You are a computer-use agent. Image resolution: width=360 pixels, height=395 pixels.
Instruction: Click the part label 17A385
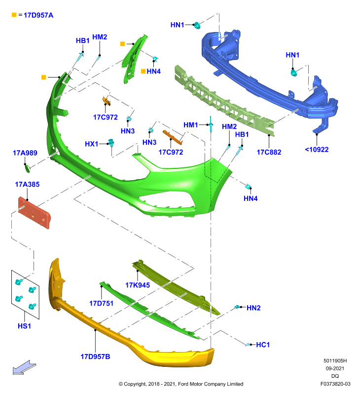[27, 184]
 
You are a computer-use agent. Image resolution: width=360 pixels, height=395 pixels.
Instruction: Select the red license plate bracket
[34, 213]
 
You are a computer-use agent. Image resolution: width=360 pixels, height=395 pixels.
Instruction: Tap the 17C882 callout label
[269, 152]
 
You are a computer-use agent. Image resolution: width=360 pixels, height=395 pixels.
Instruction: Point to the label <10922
[317, 150]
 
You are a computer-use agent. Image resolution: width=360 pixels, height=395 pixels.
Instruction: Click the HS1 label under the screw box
[24, 326]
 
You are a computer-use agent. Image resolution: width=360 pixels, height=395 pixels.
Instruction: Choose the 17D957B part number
[95, 356]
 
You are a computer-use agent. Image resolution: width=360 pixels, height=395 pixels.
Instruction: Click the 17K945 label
[138, 285]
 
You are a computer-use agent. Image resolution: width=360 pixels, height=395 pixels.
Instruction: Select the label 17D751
[102, 303]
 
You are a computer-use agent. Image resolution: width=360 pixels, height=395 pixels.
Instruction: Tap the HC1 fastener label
[263, 345]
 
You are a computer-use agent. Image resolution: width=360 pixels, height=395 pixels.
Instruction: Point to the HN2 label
[253, 308]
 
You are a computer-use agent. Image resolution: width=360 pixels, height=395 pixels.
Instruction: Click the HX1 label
[92, 144]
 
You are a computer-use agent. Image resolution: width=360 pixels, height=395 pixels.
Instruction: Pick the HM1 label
[191, 125]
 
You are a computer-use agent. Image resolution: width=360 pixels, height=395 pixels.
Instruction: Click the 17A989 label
[25, 153]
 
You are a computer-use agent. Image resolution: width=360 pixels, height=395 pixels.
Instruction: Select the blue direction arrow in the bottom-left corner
[24, 367]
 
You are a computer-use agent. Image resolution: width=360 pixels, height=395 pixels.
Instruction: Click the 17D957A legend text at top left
[38, 15]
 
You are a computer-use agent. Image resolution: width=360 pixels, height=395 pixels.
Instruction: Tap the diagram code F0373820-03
[335, 384]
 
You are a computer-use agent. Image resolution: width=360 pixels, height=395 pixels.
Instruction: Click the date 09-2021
[335, 368]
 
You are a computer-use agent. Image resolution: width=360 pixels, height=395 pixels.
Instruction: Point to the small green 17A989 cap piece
[27, 168]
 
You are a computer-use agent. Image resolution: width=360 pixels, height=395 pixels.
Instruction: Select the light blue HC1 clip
[248, 344]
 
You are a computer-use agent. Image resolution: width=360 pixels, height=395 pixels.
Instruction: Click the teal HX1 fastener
[111, 143]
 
